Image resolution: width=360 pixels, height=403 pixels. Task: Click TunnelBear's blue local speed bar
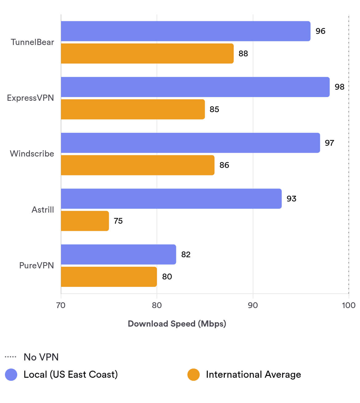[186, 31]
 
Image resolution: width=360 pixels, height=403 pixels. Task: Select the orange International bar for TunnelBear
[147, 54]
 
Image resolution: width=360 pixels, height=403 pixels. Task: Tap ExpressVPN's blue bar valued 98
[195, 87]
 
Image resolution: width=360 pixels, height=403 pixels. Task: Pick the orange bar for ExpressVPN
[133, 109]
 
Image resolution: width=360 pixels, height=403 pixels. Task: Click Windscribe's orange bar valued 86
[137, 165]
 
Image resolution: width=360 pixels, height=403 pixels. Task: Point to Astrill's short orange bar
[85, 221]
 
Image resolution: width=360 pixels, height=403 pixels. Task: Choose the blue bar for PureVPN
[118, 254]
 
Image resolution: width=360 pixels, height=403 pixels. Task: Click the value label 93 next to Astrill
[291, 199]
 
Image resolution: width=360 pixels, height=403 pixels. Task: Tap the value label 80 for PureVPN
[167, 277]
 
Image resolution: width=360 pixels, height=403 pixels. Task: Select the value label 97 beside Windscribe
[329, 143]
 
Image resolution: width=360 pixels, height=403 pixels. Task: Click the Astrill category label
[43, 210]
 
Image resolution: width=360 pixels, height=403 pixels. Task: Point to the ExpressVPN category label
[30, 98]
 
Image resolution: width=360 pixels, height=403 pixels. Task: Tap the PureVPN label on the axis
[36, 266]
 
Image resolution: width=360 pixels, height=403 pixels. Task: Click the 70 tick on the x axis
[61, 305]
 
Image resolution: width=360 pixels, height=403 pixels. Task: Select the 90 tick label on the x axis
[253, 305]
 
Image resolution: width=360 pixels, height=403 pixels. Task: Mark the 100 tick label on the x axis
[349, 305]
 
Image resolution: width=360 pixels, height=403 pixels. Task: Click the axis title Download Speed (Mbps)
[177, 324]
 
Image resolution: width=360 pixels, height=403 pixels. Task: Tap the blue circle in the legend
[11, 375]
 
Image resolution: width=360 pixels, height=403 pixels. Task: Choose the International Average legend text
[253, 375]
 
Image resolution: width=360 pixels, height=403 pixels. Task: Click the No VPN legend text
[41, 357]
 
